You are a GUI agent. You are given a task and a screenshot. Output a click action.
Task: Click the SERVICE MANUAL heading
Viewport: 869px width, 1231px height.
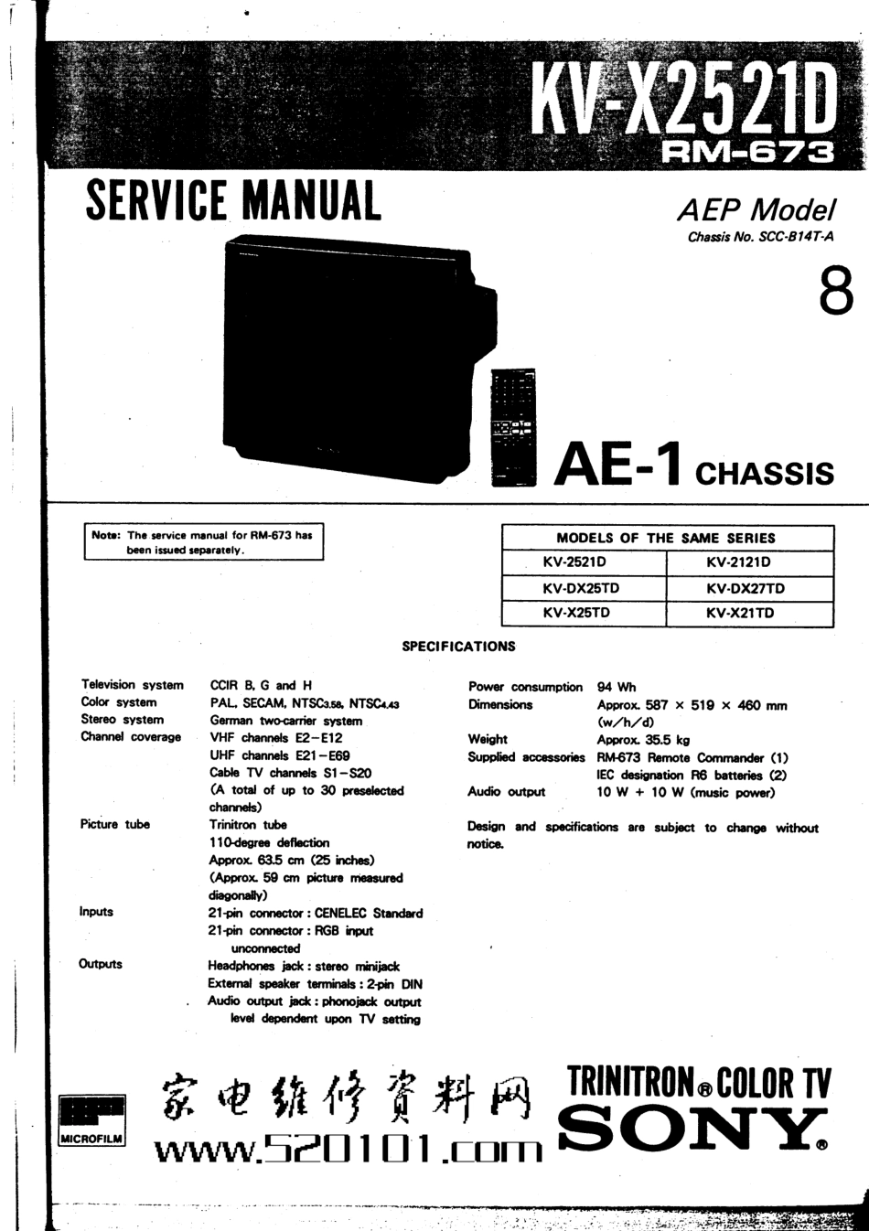coord(232,201)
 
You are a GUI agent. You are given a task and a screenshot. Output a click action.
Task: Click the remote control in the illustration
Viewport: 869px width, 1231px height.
coord(513,426)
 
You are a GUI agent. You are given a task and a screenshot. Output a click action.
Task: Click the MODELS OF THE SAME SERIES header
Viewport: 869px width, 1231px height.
coord(666,538)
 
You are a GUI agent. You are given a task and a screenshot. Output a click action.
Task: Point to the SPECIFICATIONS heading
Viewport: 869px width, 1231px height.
coord(458,647)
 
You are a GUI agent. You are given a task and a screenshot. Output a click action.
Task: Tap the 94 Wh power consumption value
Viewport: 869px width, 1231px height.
coord(617,687)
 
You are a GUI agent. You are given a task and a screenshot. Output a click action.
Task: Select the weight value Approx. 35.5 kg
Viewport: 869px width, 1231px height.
coord(643,740)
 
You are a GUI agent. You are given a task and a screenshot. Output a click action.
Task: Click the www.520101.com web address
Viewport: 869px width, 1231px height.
coord(348,1149)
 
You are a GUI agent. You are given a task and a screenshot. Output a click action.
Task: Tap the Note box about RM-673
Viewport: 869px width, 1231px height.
coord(203,542)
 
